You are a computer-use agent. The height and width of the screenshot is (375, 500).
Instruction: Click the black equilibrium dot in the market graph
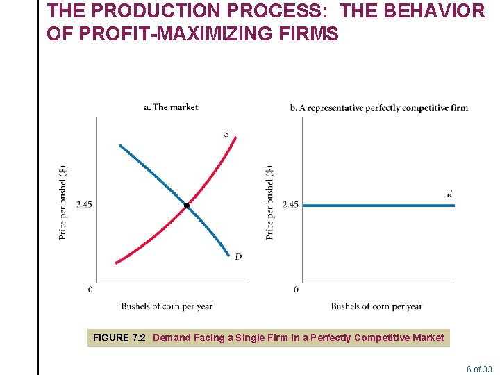pos(187,206)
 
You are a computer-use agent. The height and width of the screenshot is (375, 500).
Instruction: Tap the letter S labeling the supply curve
pos(226,133)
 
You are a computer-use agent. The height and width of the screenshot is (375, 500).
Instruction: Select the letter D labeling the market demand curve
pos(238,257)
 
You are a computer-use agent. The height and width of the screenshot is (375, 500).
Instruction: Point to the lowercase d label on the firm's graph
pos(450,194)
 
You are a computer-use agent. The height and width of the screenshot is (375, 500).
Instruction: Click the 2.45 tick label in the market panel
pos(83,204)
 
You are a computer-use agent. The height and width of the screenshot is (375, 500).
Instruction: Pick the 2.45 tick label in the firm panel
pos(290,204)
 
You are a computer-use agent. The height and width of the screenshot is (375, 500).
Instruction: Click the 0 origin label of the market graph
pos(90,289)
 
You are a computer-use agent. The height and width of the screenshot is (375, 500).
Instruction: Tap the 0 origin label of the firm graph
pos(296,289)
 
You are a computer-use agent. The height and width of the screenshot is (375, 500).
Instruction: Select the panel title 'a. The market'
pos(171,107)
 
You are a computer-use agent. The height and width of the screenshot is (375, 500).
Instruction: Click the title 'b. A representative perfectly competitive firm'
pos(378,108)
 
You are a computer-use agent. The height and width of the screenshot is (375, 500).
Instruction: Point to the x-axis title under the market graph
pos(167,306)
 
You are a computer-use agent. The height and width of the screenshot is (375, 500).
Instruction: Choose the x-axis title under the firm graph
pos(376,306)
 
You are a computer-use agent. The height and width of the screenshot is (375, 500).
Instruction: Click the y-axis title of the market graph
pos(63,201)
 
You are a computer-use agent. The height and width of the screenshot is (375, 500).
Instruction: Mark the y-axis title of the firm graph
pos(269,201)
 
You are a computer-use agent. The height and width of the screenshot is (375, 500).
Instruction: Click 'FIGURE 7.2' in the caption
pos(119,337)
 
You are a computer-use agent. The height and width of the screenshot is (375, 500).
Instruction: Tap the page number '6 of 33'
pos(479,369)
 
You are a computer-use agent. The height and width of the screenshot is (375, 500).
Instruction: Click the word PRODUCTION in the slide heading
pos(149,11)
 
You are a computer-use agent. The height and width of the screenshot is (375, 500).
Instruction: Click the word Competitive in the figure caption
pos(383,337)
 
